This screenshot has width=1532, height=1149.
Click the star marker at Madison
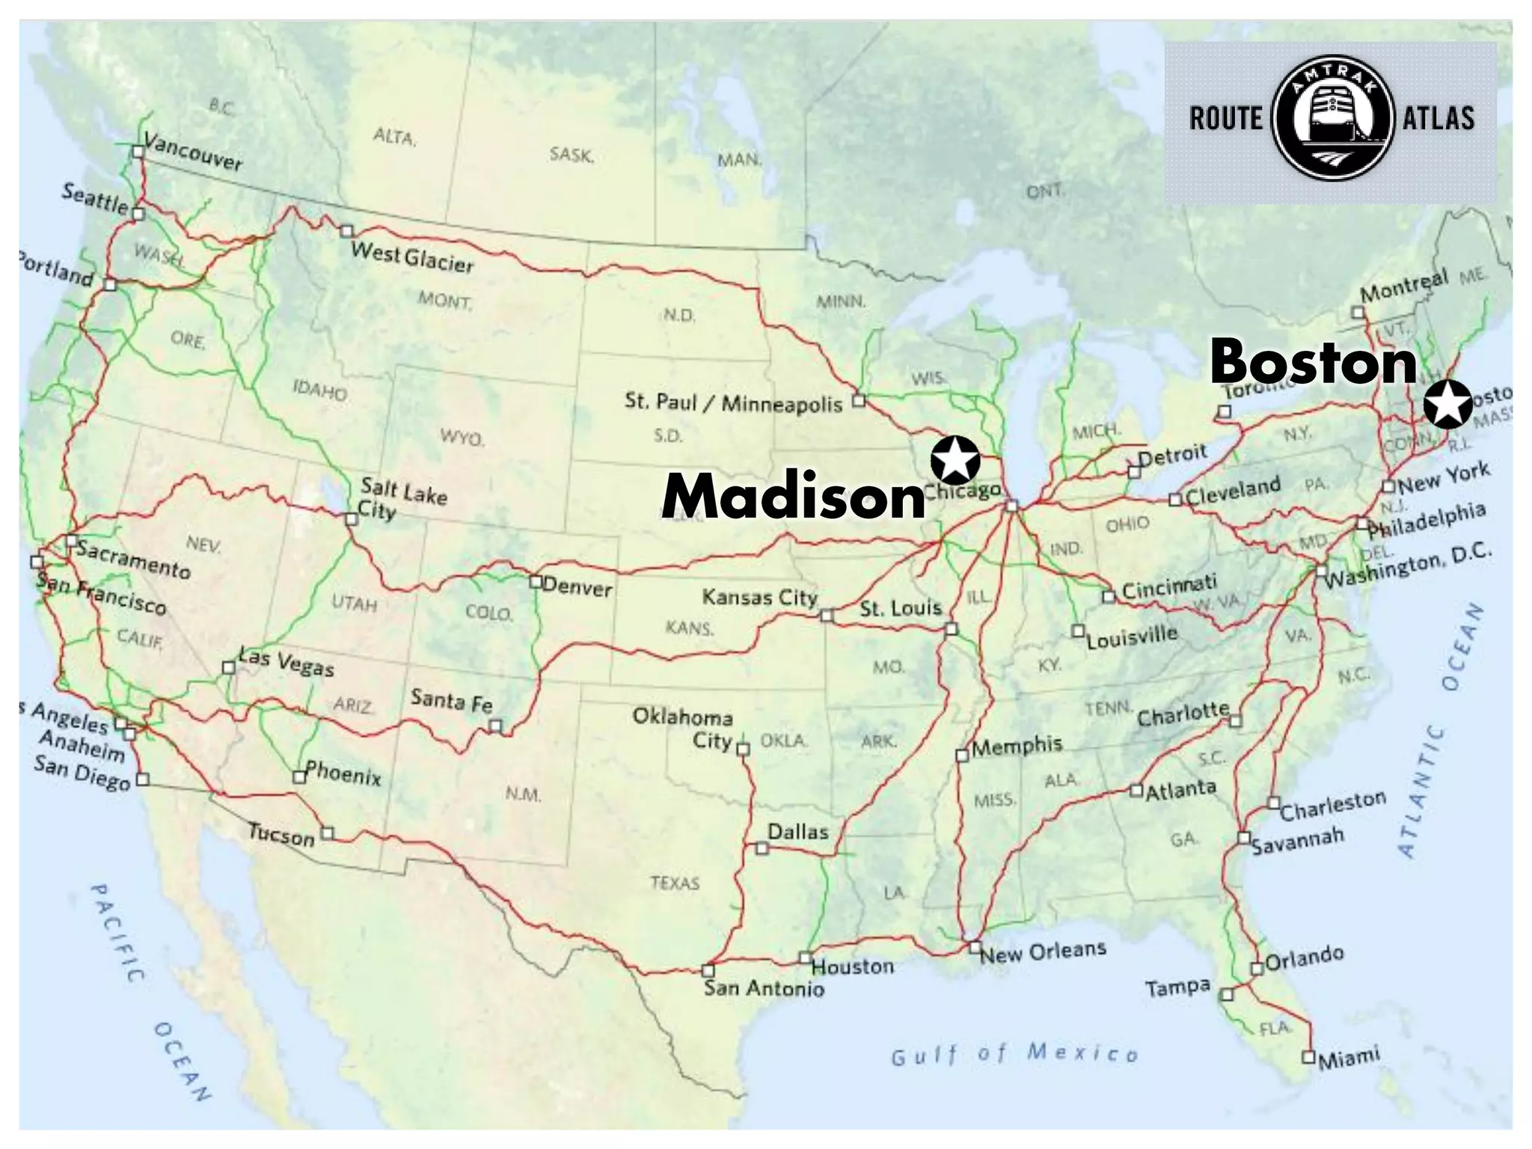pyautogui.click(x=955, y=459)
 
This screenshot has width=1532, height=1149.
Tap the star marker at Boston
pyautogui.click(x=1447, y=404)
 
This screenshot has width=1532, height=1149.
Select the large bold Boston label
pyautogui.click(x=1314, y=362)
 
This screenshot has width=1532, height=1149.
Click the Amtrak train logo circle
pyautogui.click(x=1332, y=118)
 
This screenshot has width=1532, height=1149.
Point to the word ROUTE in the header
pyautogui.click(x=1225, y=118)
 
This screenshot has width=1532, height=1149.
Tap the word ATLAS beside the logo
pyautogui.click(x=1438, y=118)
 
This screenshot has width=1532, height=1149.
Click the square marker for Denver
pyautogui.click(x=536, y=581)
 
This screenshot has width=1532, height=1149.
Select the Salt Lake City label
pyautogui.click(x=402, y=498)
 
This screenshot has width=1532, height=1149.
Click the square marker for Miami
pyautogui.click(x=1308, y=1057)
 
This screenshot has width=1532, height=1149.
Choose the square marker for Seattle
pyautogui.click(x=138, y=214)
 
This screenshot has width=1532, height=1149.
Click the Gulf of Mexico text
pyautogui.click(x=1015, y=1054)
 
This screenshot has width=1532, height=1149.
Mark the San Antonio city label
pyautogui.click(x=764, y=989)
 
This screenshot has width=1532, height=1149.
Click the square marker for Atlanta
pyautogui.click(x=1136, y=790)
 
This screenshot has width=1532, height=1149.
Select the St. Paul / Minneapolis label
pyautogui.click(x=734, y=402)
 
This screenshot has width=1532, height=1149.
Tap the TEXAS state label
pyautogui.click(x=675, y=883)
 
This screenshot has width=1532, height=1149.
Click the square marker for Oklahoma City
pyautogui.click(x=743, y=750)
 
